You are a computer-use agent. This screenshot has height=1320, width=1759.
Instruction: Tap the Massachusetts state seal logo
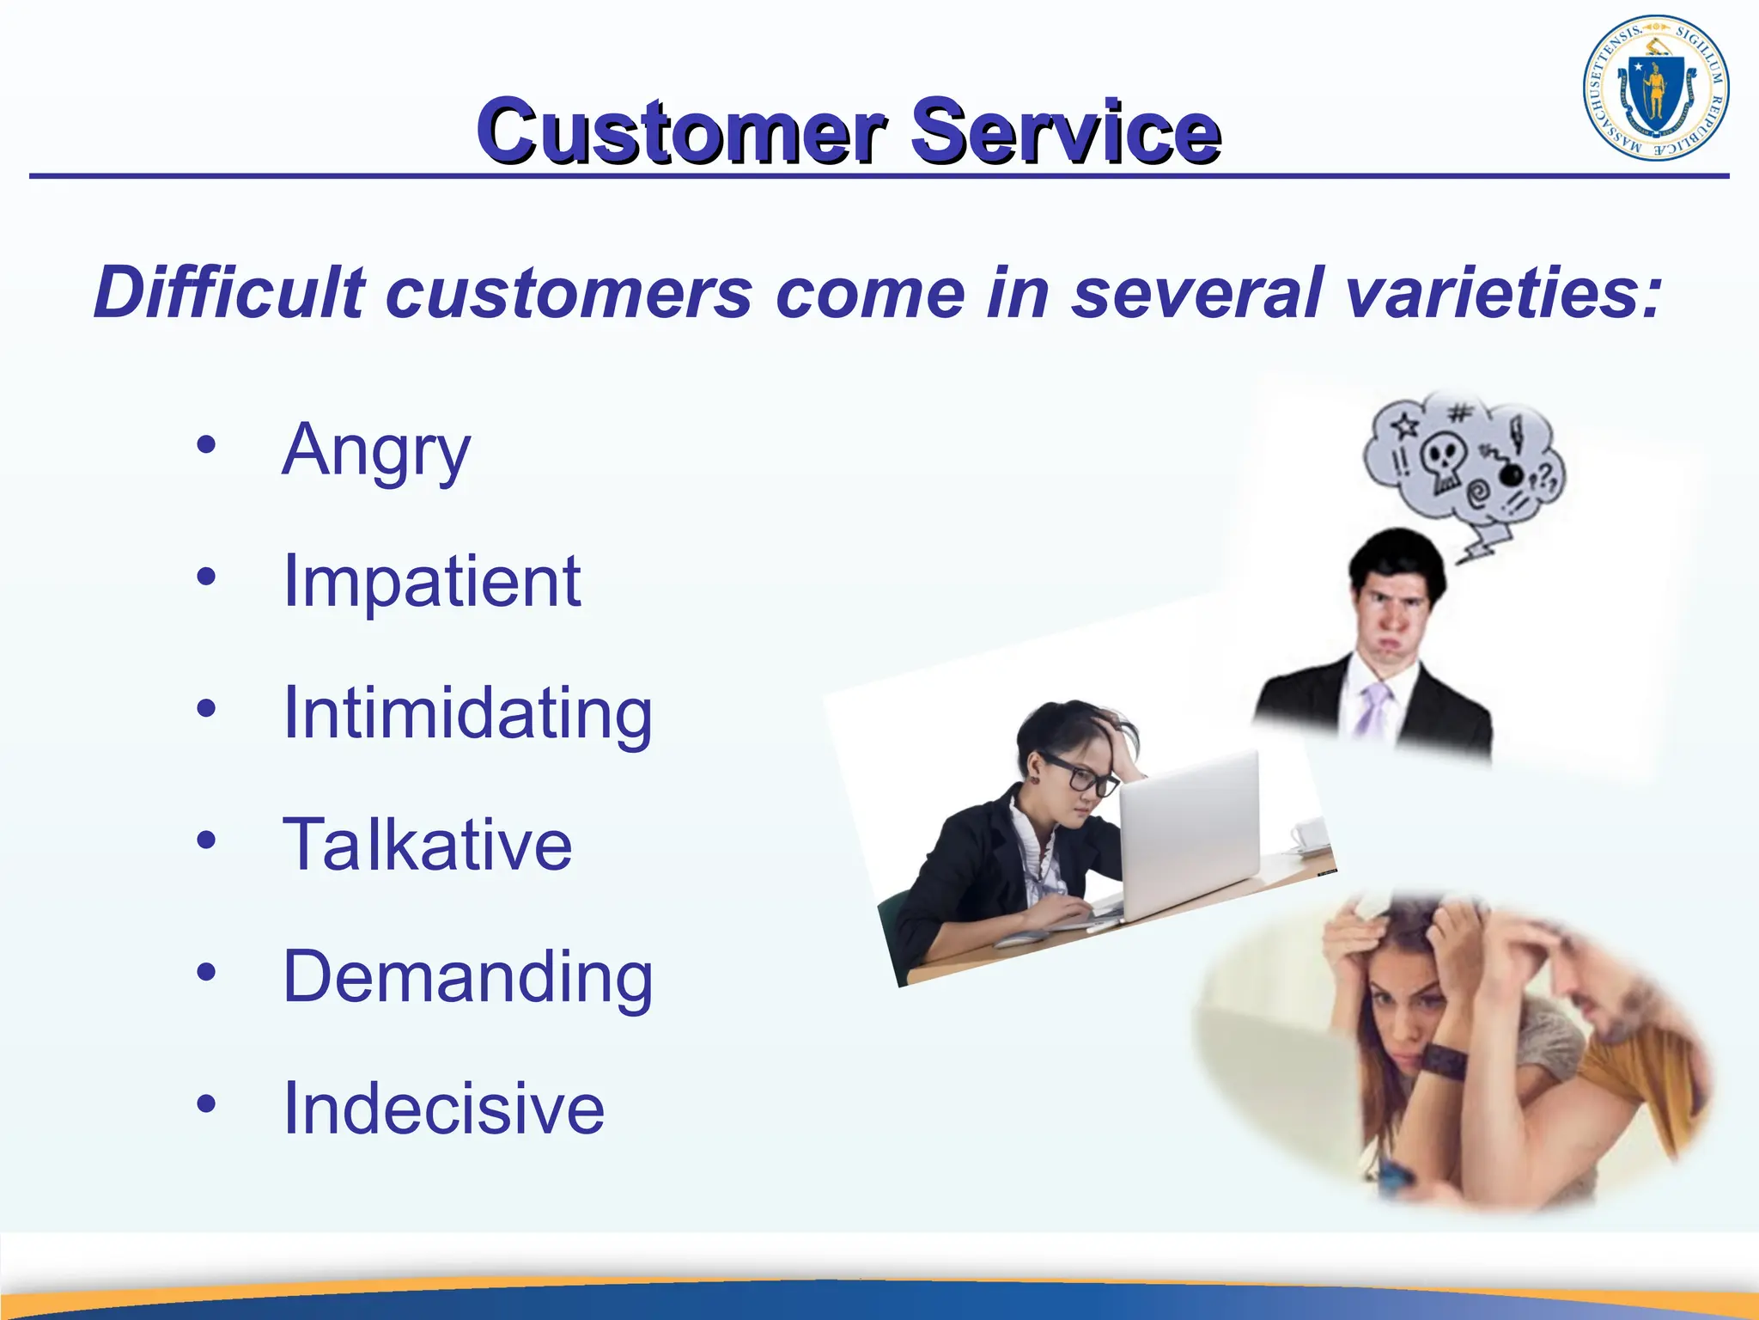(x=1655, y=89)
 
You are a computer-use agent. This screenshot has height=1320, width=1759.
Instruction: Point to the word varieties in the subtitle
(x=1503, y=293)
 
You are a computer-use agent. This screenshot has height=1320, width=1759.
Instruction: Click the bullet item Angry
(x=376, y=450)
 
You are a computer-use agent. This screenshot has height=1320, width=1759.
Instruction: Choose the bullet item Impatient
(x=432, y=582)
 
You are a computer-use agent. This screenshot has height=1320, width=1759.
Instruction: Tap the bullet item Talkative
(x=427, y=846)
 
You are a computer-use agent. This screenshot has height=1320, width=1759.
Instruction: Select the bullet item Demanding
(x=468, y=977)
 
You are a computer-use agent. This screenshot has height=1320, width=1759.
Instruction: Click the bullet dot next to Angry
(x=206, y=445)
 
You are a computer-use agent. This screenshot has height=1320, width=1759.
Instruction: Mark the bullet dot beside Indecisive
(x=206, y=1103)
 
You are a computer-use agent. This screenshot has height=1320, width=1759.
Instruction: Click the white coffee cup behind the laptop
(x=1309, y=834)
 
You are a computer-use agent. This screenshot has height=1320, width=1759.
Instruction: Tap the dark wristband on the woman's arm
(x=1442, y=1062)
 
